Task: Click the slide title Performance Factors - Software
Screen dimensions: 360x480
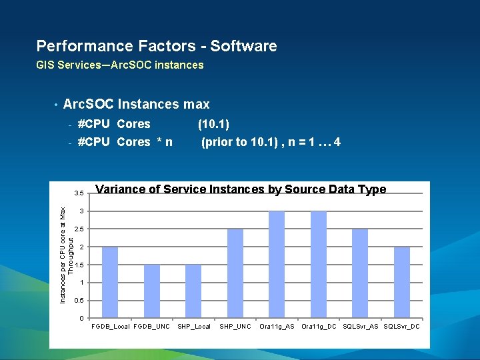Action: [x=157, y=46]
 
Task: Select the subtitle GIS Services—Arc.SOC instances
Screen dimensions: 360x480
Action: [x=120, y=65]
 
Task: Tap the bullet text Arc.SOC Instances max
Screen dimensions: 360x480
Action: [x=136, y=104]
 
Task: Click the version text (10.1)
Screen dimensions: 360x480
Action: [x=213, y=124]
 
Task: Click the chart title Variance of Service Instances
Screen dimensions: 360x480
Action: [x=241, y=189]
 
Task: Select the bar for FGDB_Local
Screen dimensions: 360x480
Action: [x=110, y=282]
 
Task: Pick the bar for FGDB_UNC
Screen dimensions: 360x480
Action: [x=152, y=291]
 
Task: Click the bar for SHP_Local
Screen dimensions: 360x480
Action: [x=193, y=291]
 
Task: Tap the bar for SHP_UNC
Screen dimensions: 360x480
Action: [x=235, y=273]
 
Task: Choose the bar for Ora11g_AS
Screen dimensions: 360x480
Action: [x=277, y=265]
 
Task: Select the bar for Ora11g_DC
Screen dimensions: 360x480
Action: [x=319, y=265]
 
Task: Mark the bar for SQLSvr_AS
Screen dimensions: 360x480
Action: [x=360, y=273]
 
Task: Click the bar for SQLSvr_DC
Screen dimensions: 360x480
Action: [x=402, y=282]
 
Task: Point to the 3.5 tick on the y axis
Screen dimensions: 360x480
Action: [x=79, y=193]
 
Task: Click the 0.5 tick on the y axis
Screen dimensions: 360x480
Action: [x=79, y=301]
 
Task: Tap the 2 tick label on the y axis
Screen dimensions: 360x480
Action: [x=81, y=247]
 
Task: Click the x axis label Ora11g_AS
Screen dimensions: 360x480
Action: [x=277, y=327]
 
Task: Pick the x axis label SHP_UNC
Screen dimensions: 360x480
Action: [x=235, y=327]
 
